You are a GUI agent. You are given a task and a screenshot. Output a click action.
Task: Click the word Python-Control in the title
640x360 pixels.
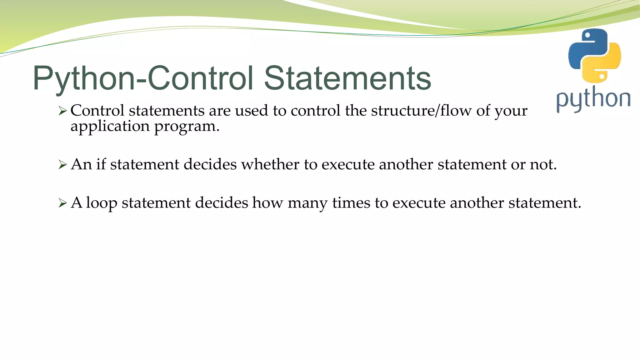tap(142, 78)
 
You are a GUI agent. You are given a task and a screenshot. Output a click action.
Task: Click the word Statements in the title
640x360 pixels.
tap(347, 78)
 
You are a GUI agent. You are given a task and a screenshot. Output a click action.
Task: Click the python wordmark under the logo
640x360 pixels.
tap(593, 99)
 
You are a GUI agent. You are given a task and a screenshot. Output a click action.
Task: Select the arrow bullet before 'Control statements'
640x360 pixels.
tap(63, 111)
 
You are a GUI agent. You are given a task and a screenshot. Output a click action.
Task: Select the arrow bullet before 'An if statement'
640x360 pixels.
tap(63, 165)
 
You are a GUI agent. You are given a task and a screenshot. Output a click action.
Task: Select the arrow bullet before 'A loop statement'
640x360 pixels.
tap(63, 203)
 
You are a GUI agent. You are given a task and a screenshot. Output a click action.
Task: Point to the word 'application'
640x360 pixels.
tap(110, 127)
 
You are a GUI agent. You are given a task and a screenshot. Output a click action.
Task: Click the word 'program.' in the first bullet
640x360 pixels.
tap(187, 127)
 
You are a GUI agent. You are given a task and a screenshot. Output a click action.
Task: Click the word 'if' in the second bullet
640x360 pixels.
tap(101, 164)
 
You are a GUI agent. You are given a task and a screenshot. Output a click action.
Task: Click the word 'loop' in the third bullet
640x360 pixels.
tap(102, 203)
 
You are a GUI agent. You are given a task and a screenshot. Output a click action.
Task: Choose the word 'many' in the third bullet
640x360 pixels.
tap(307, 203)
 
